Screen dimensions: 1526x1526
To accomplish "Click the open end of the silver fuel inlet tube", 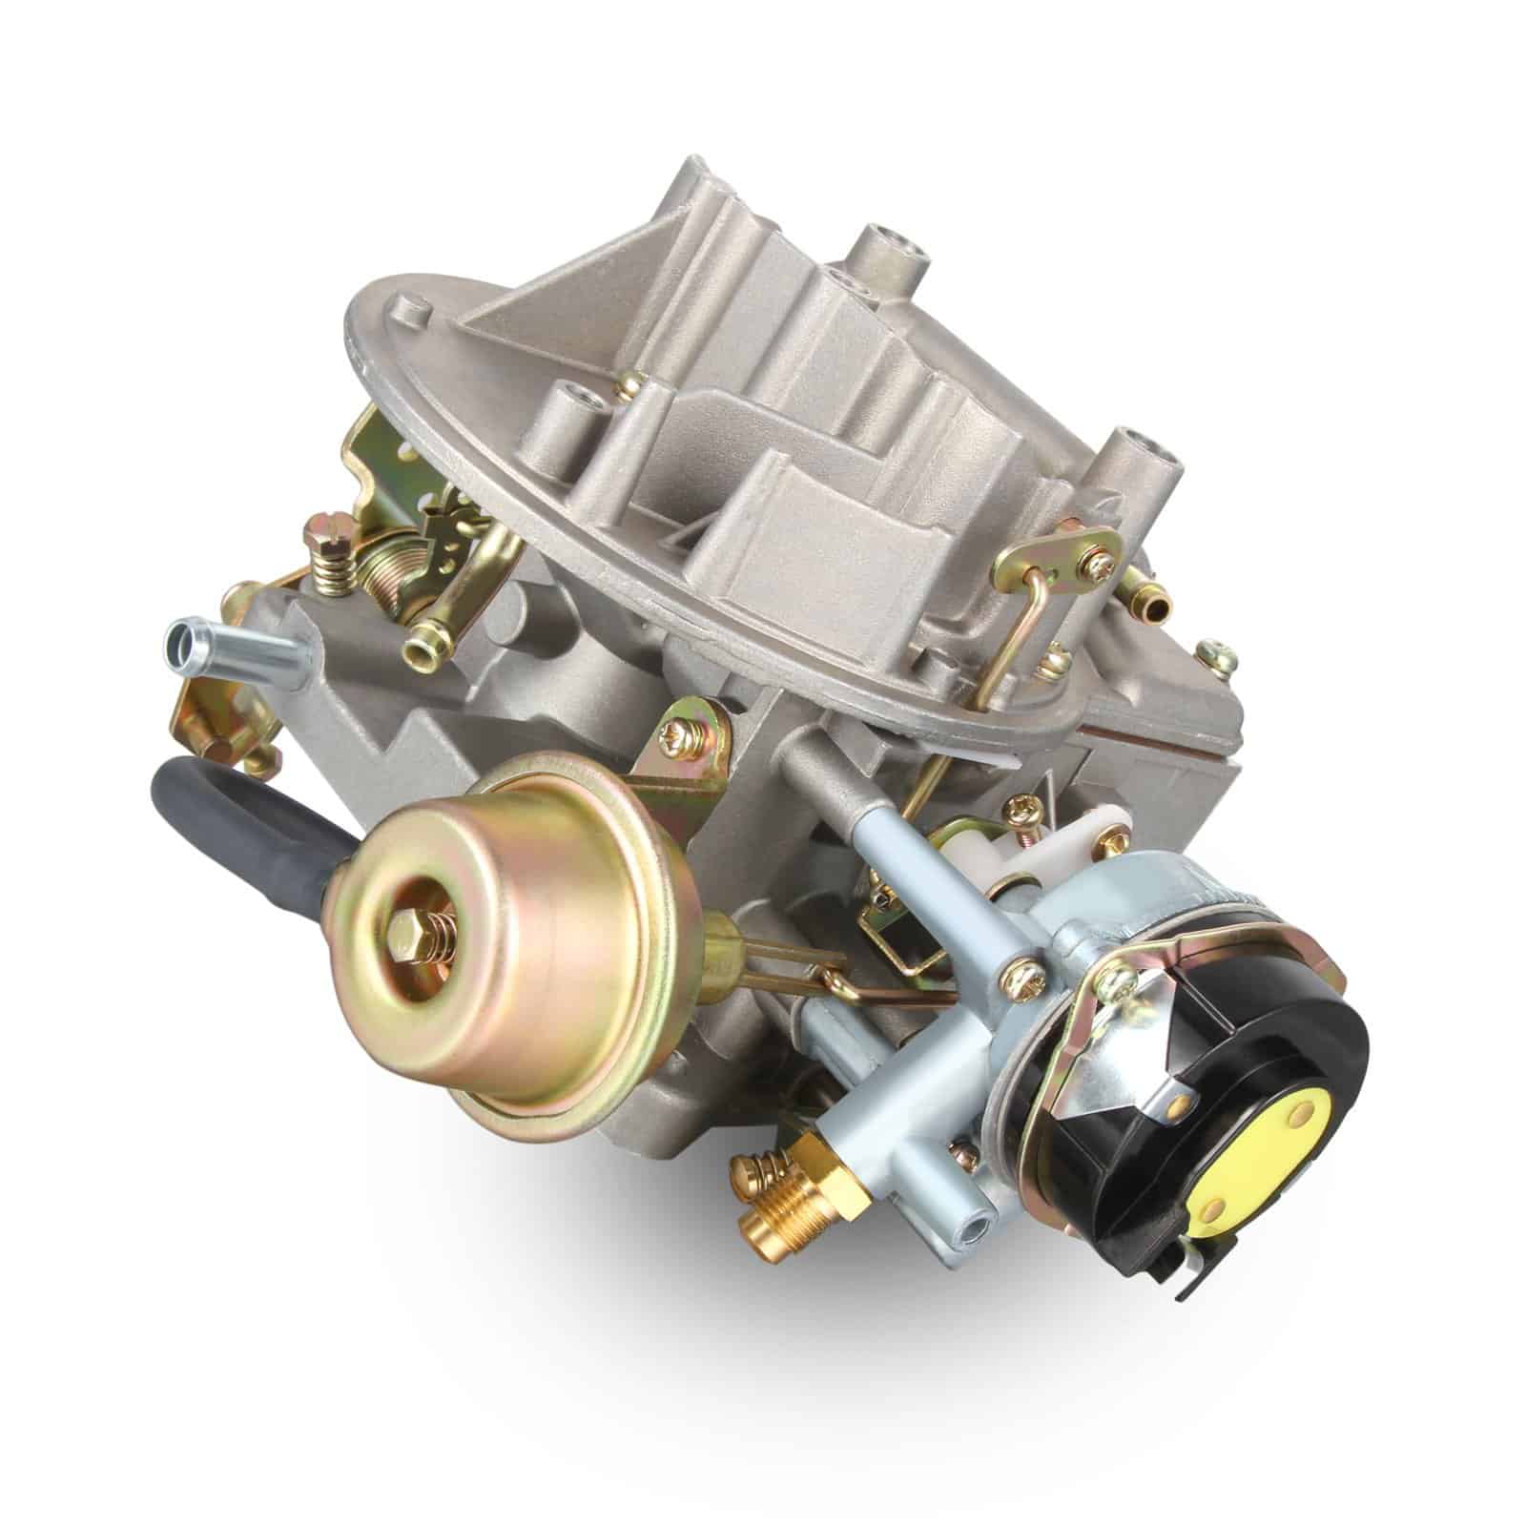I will pyautogui.click(x=180, y=639).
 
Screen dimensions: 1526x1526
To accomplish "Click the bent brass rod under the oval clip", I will pyautogui.click(x=1011, y=629).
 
